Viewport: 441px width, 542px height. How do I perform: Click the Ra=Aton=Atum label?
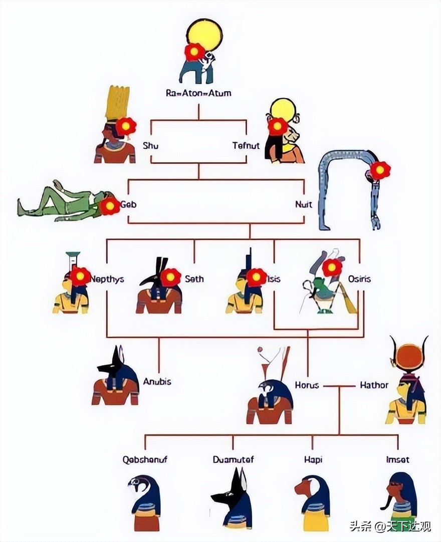pyautogui.click(x=198, y=93)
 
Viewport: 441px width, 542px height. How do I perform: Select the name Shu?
pyautogui.click(x=151, y=146)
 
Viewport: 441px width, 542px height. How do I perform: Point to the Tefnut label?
pyautogui.click(x=246, y=146)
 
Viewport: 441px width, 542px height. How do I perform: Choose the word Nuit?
pyautogui.click(x=304, y=204)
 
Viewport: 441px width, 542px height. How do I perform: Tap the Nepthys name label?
pyautogui.click(x=107, y=279)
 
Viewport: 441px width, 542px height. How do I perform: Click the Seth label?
pyautogui.click(x=194, y=279)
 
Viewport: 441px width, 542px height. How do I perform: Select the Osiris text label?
pyautogui.click(x=359, y=279)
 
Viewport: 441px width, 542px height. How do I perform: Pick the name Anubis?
pyautogui.click(x=157, y=382)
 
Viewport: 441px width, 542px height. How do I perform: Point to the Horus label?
pyautogui.click(x=307, y=385)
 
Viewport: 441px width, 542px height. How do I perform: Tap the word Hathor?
pyautogui.click(x=374, y=385)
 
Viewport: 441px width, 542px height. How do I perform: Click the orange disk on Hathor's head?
pyautogui.click(x=410, y=357)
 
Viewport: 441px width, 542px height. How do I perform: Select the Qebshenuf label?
pyautogui.click(x=145, y=459)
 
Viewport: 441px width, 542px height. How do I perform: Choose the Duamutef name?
pyautogui.click(x=233, y=459)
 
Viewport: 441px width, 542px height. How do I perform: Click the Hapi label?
pyautogui.click(x=313, y=459)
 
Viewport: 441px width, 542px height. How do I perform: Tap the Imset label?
pyautogui.click(x=398, y=459)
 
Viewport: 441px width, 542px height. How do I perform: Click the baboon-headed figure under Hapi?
pyautogui.click(x=312, y=501)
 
